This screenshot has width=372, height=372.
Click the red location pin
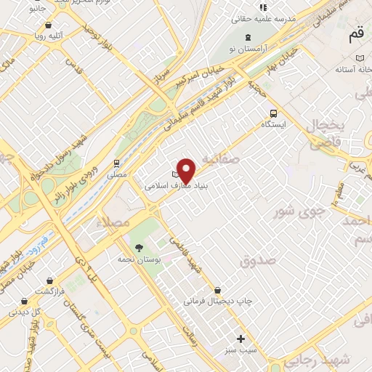click(186, 169)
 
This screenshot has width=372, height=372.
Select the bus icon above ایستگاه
click(273, 113)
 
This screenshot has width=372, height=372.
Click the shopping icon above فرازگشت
click(49, 280)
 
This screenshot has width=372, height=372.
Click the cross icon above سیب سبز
click(240, 339)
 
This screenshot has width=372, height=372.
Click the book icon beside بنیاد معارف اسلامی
click(174, 175)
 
